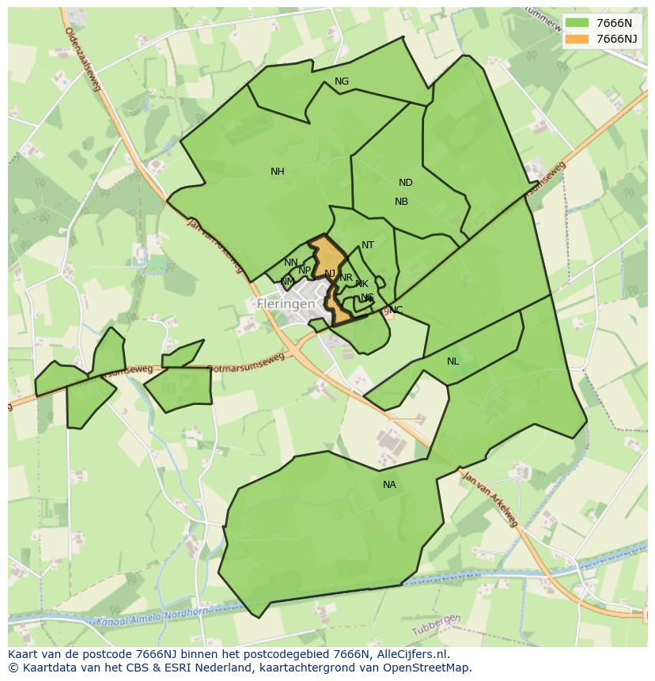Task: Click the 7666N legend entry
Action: (601, 23)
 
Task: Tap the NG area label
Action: (342, 81)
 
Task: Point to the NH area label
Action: (277, 172)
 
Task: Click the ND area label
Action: (405, 183)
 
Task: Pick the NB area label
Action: (401, 202)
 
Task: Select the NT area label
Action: (368, 245)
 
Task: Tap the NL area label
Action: (452, 361)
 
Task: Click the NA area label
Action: (389, 485)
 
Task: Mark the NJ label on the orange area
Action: (330, 274)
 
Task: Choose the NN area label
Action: (291, 263)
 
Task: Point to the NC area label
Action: (396, 309)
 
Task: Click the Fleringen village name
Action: (286, 304)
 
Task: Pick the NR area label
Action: (346, 278)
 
